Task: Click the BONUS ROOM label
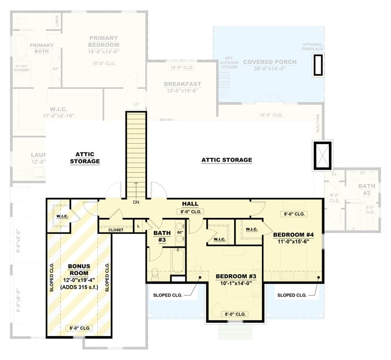point(78,270)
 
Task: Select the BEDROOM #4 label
point(293,234)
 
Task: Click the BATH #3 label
point(162,236)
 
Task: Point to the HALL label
point(190,203)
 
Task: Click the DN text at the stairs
point(136,202)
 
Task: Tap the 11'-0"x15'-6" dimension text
point(293,242)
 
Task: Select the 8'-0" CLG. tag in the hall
point(190,212)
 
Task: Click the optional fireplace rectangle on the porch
point(318,64)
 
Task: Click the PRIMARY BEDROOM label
point(104,42)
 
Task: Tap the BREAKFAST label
point(182,84)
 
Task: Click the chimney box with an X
point(323,155)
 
